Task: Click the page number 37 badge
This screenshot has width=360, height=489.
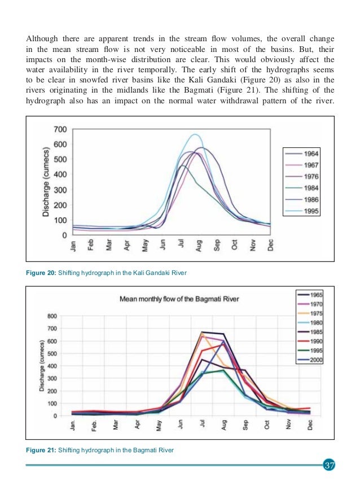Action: (330, 466)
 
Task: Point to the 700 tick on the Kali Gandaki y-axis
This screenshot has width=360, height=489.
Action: (60, 129)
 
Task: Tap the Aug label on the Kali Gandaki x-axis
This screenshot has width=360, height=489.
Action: (198, 247)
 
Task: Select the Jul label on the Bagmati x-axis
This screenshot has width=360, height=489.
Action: (201, 425)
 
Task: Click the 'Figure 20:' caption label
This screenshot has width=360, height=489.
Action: (40, 273)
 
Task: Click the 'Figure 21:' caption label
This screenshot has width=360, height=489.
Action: (40, 450)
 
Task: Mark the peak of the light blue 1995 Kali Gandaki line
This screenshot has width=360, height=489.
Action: (195, 134)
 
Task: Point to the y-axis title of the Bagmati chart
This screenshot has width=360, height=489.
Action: (41, 366)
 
